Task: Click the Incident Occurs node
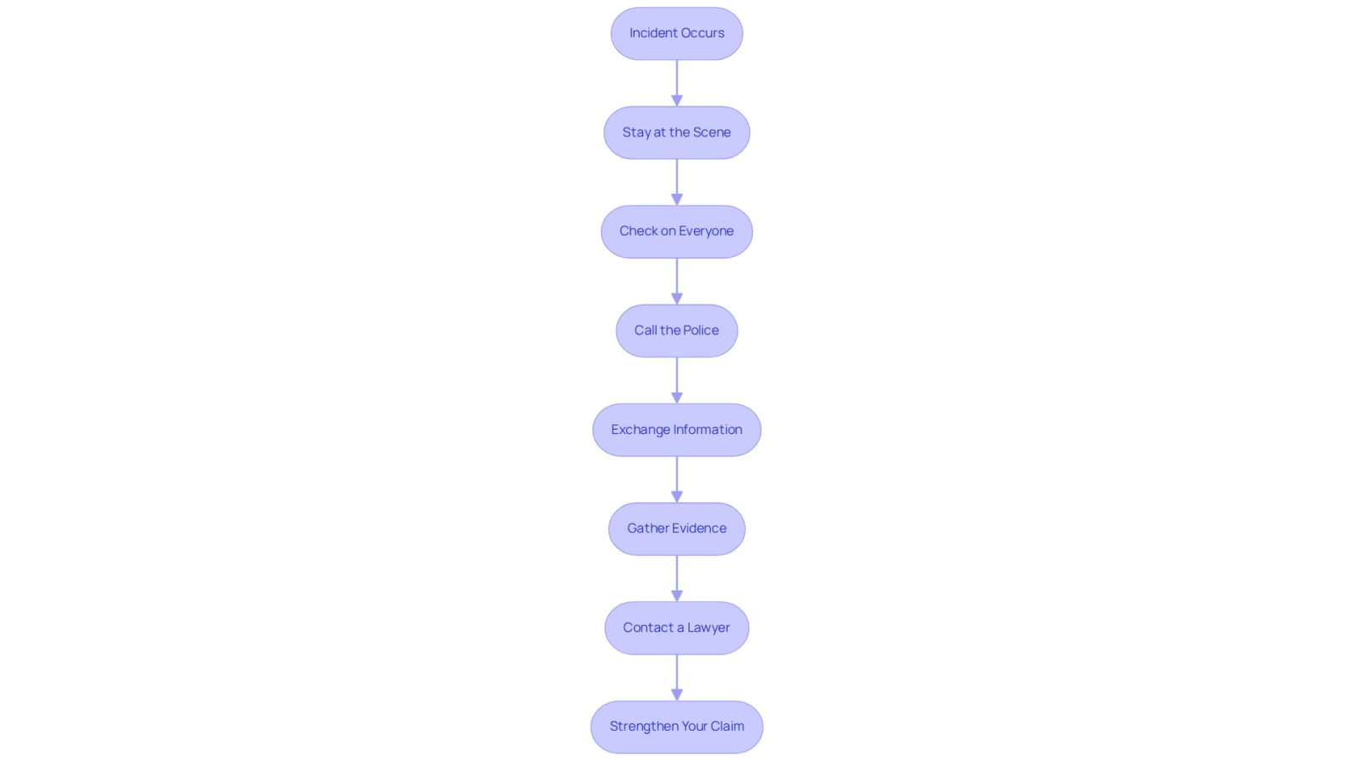click(x=676, y=33)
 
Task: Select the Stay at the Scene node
click(x=676, y=132)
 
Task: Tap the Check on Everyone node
click(x=676, y=232)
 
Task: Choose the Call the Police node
click(x=676, y=331)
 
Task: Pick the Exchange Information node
click(x=676, y=430)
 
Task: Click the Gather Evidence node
click(x=676, y=529)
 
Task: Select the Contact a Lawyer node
click(x=676, y=628)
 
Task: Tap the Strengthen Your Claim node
click(x=676, y=727)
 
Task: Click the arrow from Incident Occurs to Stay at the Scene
click(x=676, y=84)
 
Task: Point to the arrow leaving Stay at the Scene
click(x=676, y=183)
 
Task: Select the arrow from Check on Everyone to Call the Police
click(x=676, y=282)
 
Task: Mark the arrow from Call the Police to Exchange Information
click(x=676, y=381)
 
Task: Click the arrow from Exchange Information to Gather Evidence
click(x=676, y=480)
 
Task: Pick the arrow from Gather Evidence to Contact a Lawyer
click(x=676, y=579)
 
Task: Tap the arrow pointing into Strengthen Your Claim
click(x=676, y=678)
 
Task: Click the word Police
click(x=702, y=331)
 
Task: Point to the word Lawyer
click(x=708, y=629)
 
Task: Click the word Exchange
click(x=640, y=430)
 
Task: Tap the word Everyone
click(x=706, y=232)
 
